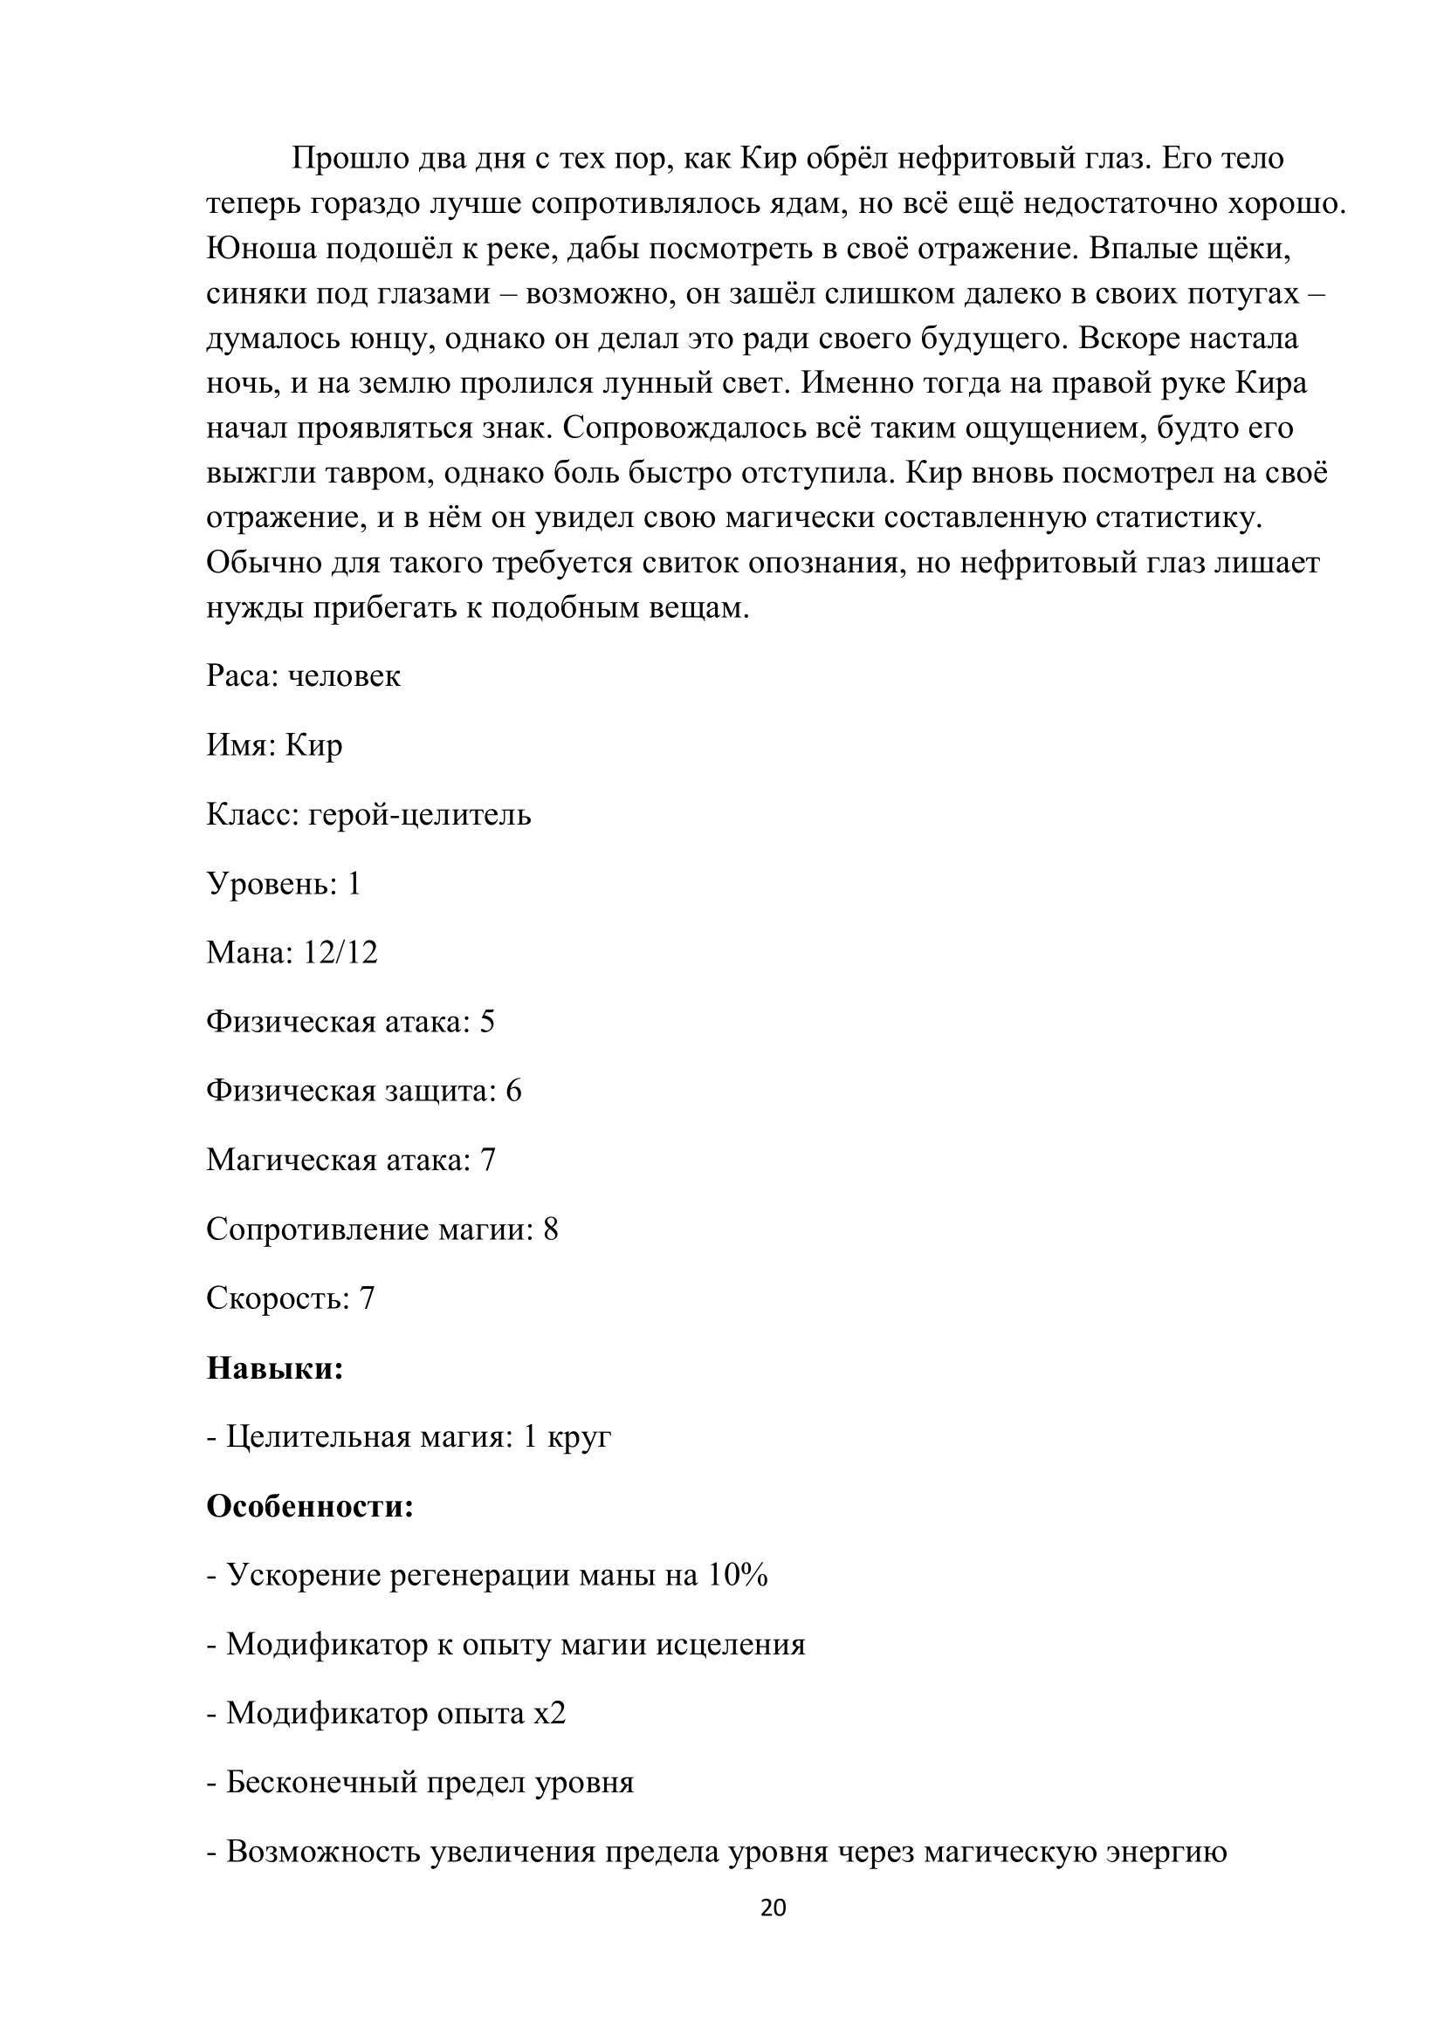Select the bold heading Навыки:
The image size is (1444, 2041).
pos(275,1367)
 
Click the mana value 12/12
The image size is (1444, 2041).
pos(340,952)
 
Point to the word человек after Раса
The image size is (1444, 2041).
pos(344,675)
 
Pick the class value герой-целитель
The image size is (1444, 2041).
pos(420,814)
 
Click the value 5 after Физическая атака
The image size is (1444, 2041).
pos(487,1022)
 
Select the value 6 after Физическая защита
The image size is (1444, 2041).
pos(514,1091)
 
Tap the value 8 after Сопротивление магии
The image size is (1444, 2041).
pos(550,1229)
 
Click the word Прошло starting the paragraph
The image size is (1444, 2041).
pos(339,158)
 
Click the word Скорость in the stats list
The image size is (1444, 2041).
pos(275,1298)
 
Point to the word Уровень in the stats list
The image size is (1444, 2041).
pos(270,884)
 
